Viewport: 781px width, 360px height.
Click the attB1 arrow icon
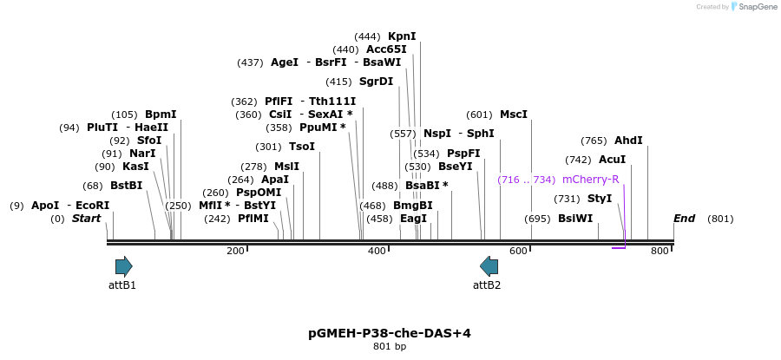click(123, 265)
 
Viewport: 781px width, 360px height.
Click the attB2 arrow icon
click(489, 265)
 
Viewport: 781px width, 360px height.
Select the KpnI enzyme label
click(402, 36)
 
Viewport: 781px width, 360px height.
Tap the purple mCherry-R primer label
click(590, 180)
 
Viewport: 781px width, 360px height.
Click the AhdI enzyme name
click(628, 141)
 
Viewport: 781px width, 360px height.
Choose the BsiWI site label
click(575, 219)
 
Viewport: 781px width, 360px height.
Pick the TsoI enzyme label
click(302, 147)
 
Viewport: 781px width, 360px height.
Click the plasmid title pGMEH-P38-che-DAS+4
click(390, 333)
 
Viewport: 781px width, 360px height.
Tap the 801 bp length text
click(390, 347)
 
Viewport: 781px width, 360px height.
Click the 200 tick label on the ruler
click(235, 252)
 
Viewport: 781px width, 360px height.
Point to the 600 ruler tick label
click(518, 252)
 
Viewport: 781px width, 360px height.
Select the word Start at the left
click(87, 219)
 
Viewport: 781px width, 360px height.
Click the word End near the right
click(684, 219)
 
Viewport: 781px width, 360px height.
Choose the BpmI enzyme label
click(161, 115)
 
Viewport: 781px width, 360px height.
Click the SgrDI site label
click(376, 82)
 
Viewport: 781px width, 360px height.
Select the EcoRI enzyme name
click(93, 206)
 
